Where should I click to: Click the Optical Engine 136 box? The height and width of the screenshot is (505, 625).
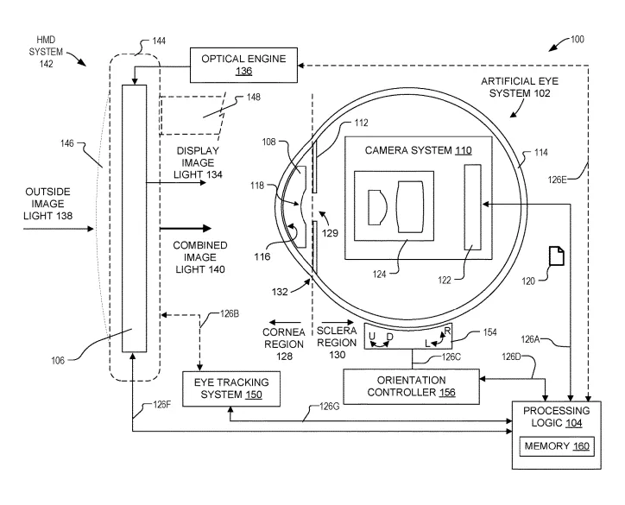pyautogui.click(x=243, y=65)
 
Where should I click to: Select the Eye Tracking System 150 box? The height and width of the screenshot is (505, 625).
pyautogui.click(x=231, y=388)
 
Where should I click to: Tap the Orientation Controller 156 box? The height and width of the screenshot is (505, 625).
pyautogui.click(x=412, y=386)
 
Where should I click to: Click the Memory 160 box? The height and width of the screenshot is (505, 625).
pyautogui.click(x=557, y=446)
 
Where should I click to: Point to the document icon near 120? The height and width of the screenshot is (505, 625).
pyautogui.click(x=557, y=256)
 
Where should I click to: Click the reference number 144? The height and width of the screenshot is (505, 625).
pyautogui.click(x=159, y=41)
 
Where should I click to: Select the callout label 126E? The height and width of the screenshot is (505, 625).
pyautogui.click(x=558, y=180)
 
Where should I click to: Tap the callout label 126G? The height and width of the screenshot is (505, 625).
pyautogui.click(x=329, y=407)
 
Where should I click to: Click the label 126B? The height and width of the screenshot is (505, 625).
pyautogui.click(x=230, y=314)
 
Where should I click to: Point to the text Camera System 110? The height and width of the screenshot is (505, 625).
pyautogui.click(x=418, y=150)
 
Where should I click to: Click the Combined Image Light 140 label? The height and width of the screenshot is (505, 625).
pyautogui.click(x=200, y=257)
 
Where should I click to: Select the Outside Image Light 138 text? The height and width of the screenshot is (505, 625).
pyautogui.click(x=47, y=204)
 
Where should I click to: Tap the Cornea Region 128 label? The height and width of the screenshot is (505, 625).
pyautogui.click(x=284, y=344)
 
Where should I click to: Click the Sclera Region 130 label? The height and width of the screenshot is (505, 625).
pyautogui.click(x=337, y=343)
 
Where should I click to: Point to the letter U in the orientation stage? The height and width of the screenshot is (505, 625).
pyautogui.click(x=372, y=336)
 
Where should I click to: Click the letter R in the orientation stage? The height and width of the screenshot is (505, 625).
pyautogui.click(x=447, y=331)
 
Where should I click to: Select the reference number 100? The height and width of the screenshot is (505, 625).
pyautogui.click(x=578, y=39)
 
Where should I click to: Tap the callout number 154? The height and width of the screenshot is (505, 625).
pyautogui.click(x=489, y=332)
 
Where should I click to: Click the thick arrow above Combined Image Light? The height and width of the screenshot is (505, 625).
pyautogui.click(x=186, y=229)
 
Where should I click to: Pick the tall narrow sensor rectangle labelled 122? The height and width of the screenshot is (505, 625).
pyautogui.click(x=473, y=207)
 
